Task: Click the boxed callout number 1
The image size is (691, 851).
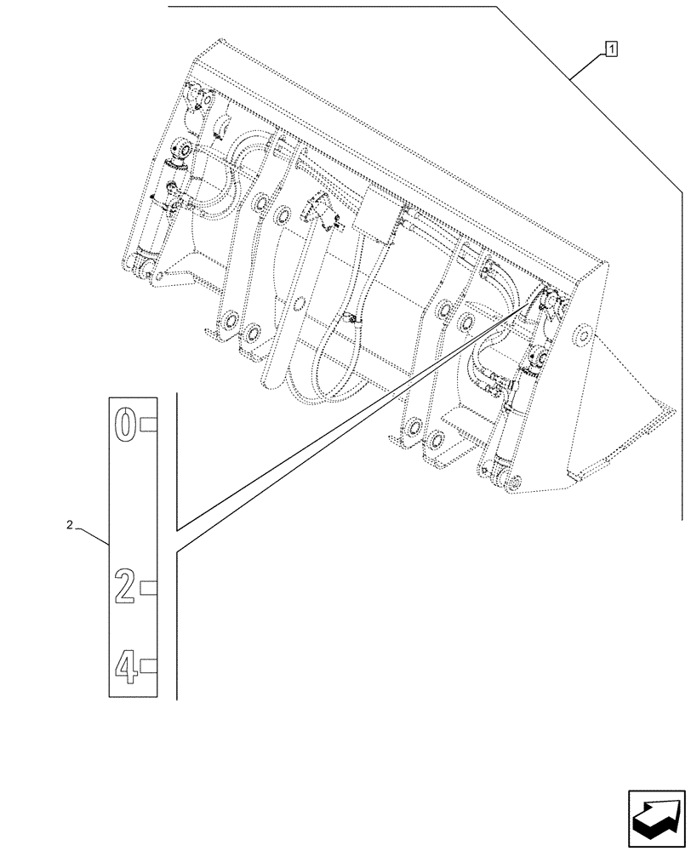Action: (611, 49)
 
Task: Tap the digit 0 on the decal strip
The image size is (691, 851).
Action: (125, 423)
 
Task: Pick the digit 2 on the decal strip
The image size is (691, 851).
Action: (125, 586)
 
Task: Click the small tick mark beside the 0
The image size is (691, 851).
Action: (148, 424)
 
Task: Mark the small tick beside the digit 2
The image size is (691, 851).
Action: (148, 586)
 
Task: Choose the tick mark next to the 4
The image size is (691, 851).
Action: (148, 665)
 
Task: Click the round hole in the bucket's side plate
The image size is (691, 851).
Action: (583, 334)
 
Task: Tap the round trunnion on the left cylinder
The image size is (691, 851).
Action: (180, 151)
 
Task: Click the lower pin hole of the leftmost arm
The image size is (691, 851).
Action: (229, 324)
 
